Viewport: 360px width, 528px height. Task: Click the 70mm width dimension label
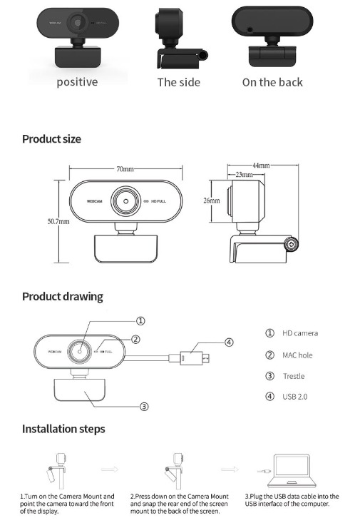point(125,168)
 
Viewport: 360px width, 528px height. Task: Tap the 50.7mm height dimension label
point(58,221)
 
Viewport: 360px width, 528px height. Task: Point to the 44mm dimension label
point(261,165)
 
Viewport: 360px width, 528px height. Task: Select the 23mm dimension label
point(244,174)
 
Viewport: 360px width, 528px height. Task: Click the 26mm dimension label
point(212,200)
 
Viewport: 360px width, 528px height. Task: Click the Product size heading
point(51,139)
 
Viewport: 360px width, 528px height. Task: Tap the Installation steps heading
point(63,429)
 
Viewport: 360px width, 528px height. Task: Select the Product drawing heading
point(63,296)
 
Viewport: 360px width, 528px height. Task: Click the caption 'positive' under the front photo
point(77,82)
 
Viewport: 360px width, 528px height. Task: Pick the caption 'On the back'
point(272,82)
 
